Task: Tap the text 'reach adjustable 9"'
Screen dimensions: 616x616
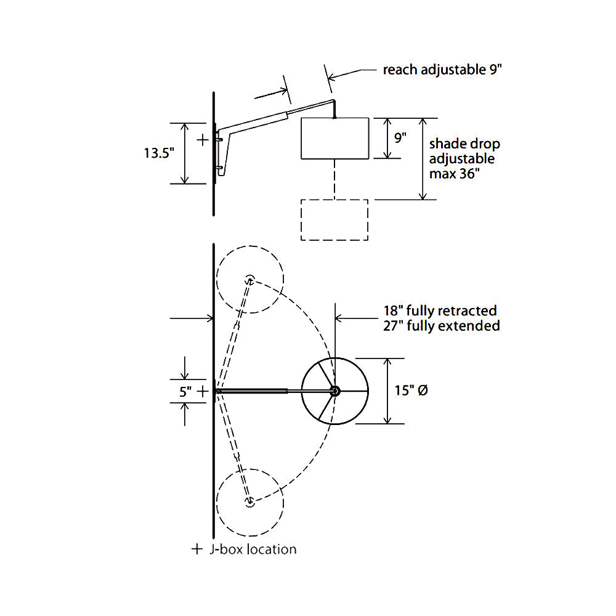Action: (443, 70)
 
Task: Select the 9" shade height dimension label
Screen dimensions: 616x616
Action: (400, 138)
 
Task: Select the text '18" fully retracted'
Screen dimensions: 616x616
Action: (440, 310)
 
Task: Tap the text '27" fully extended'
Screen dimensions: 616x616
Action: (440, 326)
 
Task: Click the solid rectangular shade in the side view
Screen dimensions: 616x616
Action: (334, 139)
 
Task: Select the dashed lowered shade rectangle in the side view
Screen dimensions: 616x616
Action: (334, 219)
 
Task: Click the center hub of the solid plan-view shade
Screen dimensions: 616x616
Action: (334, 391)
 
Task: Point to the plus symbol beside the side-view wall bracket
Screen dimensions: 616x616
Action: (203, 140)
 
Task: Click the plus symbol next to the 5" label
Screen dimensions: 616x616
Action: (203, 391)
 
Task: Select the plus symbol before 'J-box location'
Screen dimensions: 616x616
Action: (197, 549)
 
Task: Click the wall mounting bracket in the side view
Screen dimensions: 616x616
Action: (223, 151)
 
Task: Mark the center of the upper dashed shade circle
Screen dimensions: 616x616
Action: (250, 279)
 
